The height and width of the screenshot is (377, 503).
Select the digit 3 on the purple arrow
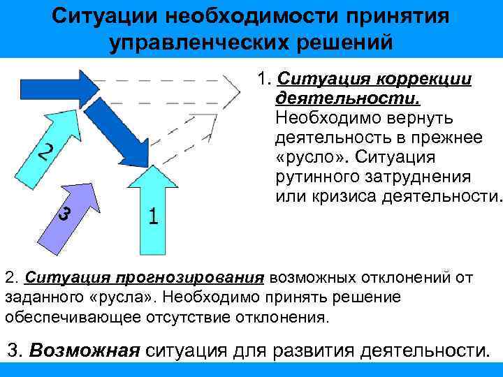pyautogui.click(x=64, y=215)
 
